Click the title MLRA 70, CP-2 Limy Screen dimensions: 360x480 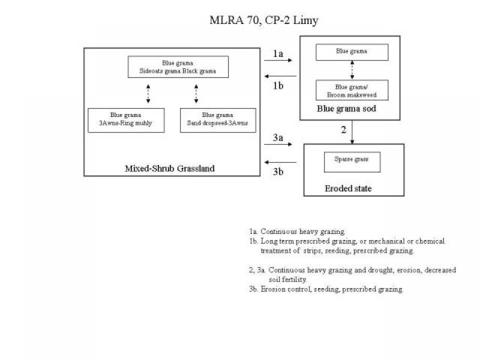[x=264, y=20]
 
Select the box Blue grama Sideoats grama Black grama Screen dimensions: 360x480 [x=178, y=67]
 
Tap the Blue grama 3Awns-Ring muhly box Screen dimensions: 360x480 [x=125, y=121]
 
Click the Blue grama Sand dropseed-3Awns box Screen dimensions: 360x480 [x=218, y=121]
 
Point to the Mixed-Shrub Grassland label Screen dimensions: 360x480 [x=169, y=169]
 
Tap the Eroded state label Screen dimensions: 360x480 [x=349, y=188]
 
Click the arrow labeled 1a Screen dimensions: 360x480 [x=278, y=61]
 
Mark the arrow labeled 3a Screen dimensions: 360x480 [x=278, y=145]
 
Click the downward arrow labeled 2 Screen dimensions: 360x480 [x=352, y=131]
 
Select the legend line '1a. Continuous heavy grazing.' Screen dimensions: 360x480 [x=298, y=231]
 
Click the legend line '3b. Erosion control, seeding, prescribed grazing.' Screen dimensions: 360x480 [x=326, y=289]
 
